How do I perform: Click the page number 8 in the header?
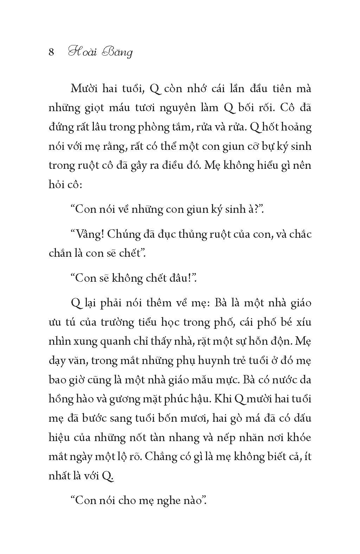[x=51, y=52]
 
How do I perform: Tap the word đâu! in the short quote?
[x=184, y=278]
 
